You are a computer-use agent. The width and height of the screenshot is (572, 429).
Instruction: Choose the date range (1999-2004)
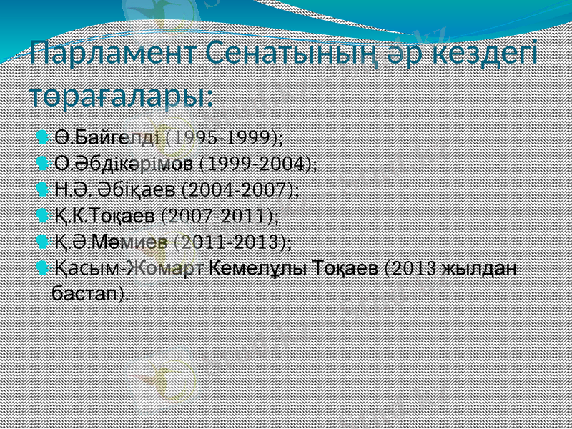(259, 163)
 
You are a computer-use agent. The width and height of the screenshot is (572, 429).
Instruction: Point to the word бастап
(86, 293)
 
